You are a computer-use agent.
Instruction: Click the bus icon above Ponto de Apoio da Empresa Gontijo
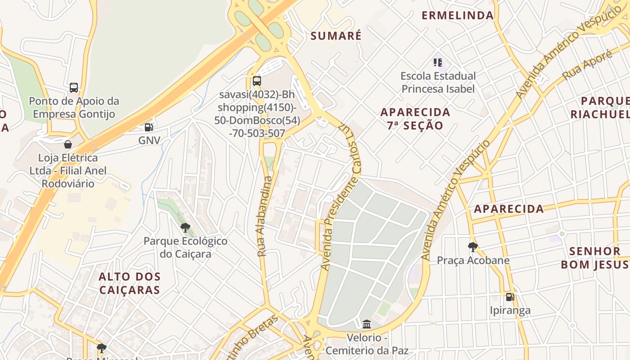[x=74, y=88]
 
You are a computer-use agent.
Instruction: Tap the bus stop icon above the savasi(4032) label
[x=256, y=81]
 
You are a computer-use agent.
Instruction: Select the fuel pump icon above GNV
[x=148, y=127]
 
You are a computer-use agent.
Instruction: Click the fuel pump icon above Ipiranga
[x=510, y=297]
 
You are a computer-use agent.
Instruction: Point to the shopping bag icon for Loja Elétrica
[x=67, y=144]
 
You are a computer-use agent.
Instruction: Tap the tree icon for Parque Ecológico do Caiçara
[x=185, y=227]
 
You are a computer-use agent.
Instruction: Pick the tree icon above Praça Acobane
[x=472, y=247]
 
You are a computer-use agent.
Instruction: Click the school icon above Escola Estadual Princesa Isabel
[x=438, y=62]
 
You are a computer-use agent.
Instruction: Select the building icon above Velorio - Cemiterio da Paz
[x=367, y=324]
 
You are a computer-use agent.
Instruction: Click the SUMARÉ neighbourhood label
[x=336, y=36]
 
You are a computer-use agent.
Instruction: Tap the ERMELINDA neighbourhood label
[x=458, y=15]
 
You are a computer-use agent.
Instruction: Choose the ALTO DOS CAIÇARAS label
[x=130, y=283]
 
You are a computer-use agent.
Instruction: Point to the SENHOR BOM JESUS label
[x=594, y=258]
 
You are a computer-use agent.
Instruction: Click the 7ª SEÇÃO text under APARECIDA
[x=415, y=126]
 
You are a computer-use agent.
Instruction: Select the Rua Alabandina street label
[x=265, y=216]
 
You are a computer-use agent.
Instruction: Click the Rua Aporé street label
[x=587, y=65]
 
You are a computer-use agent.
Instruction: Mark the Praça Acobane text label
[x=473, y=260]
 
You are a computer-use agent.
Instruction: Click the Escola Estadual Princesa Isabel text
[x=438, y=82]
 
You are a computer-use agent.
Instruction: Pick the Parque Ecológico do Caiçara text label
[x=185, y=247]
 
